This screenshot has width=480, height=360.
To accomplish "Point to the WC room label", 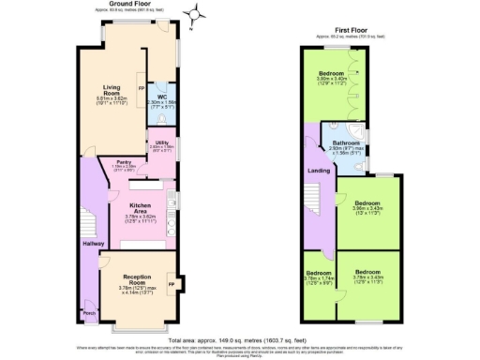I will tap(161, 97).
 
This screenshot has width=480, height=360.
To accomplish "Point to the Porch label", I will tap(89, 312).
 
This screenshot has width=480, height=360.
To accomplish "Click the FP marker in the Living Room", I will tap(141, 89).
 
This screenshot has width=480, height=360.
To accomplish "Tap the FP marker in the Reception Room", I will tap(171, 282).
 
